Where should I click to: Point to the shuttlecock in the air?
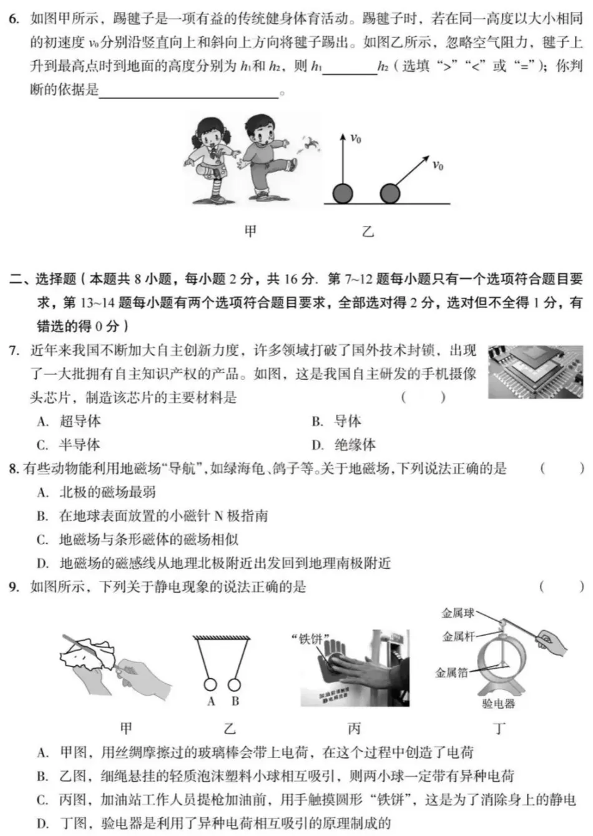coord(308,145)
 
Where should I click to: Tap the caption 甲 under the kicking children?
coord(250,231)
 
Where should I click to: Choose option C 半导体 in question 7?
coord(69,445)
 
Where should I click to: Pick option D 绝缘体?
coord(344,445)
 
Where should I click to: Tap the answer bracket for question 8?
coord(562,469)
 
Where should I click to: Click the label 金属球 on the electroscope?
coord(458,614)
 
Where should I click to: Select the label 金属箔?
coord(451,673)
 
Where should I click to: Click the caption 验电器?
coord(498,704)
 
